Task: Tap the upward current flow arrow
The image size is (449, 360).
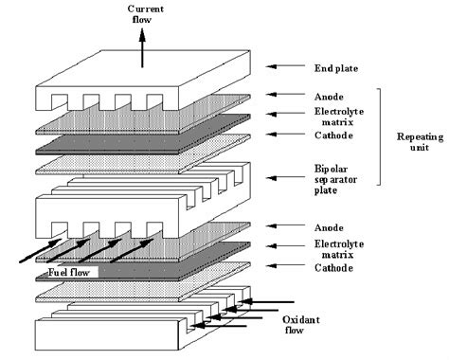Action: click(142, 46)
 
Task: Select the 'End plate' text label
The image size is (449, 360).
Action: click(335, 67)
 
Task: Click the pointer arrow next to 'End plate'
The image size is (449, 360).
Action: click(283, 67)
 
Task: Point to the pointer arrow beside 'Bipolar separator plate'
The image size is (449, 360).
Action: click(283, 176)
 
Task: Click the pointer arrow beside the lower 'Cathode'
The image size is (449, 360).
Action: click(283, 267)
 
